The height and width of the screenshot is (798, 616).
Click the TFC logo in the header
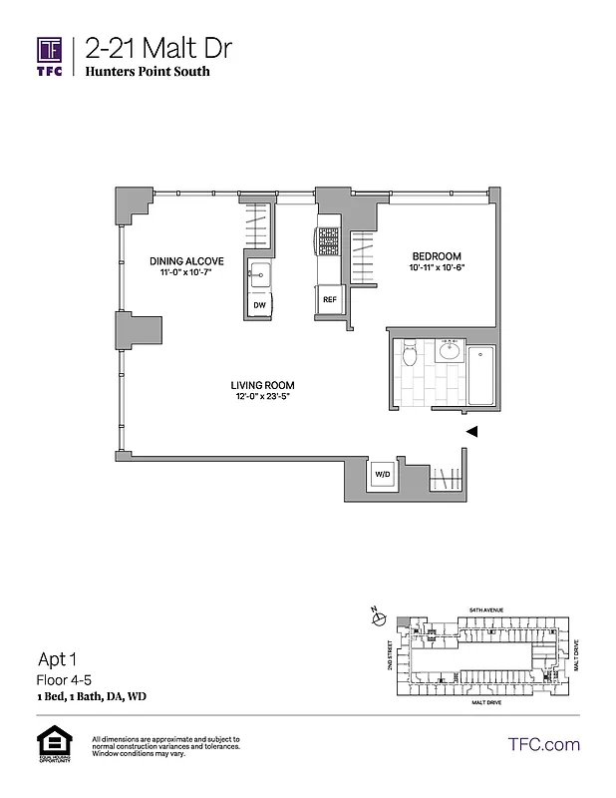(51, 54)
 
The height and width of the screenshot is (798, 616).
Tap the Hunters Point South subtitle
(148, 72)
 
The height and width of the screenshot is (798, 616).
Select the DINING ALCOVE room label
(186, 261)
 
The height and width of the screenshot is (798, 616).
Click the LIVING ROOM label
(262, 386)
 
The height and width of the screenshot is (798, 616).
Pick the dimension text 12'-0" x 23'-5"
(262, 399)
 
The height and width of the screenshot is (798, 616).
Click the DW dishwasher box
(259, 305)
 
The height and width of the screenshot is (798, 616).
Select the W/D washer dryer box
(382, 475)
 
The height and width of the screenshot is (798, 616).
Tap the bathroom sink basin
(449, 350)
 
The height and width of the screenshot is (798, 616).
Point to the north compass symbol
(378, 617)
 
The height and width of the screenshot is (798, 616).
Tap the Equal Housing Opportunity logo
(49, 744)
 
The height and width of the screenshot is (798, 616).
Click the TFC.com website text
(543, 744)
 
